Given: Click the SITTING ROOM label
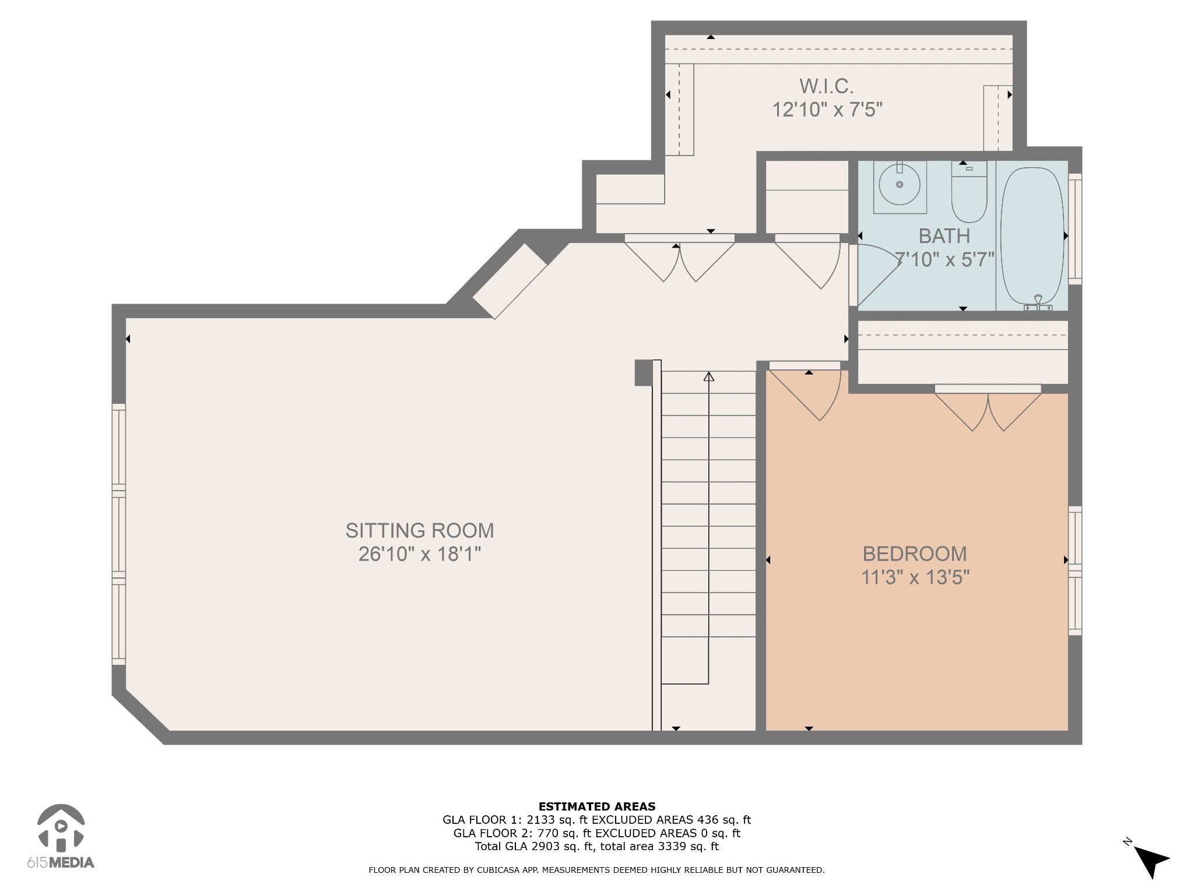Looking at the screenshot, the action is tap(420, 530).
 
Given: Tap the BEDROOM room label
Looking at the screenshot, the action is tap(915, 554).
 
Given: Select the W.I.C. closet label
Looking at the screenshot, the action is tap(827, 86).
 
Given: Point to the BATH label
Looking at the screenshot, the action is tap(944, 236).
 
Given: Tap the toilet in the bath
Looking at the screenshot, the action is tap(969, 192).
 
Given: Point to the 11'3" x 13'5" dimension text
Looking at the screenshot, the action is tap(915, 577).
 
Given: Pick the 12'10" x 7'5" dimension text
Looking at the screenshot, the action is tap(827, 110).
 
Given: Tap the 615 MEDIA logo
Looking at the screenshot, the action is tap(61, 836).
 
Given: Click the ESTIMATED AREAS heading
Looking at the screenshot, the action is tap(597, 807).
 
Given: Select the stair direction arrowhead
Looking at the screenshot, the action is tap(708, 376).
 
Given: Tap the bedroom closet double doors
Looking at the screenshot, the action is tap(988, 408).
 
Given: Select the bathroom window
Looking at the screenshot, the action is tap(1075, 229).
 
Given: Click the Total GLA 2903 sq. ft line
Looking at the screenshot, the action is tap(596, 847).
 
